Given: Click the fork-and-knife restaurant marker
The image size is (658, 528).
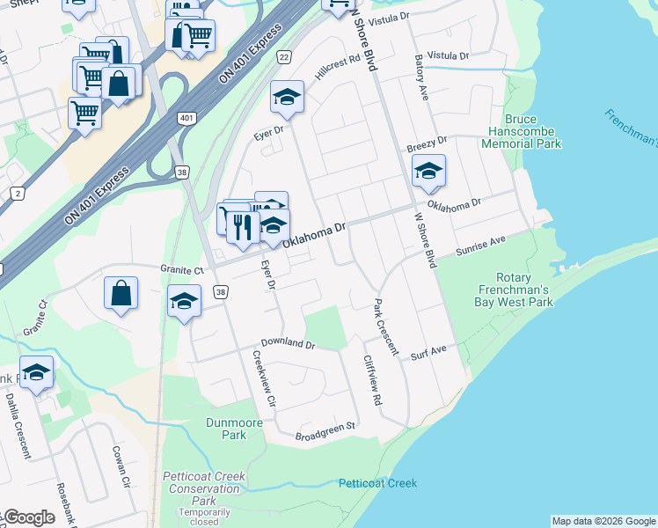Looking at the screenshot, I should coord(243,227).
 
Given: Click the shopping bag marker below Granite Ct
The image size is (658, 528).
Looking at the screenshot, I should coord(121,294).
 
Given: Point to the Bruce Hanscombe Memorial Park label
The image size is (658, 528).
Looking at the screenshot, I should coord(533,131).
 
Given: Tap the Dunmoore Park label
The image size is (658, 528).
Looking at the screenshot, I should coord(233,429).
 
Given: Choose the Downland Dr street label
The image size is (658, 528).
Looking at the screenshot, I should coord(287,344).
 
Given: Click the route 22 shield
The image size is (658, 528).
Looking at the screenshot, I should coord(283,57).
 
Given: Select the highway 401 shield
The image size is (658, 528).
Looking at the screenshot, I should coord(185,118).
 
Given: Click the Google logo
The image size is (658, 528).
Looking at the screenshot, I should coord(28,518).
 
